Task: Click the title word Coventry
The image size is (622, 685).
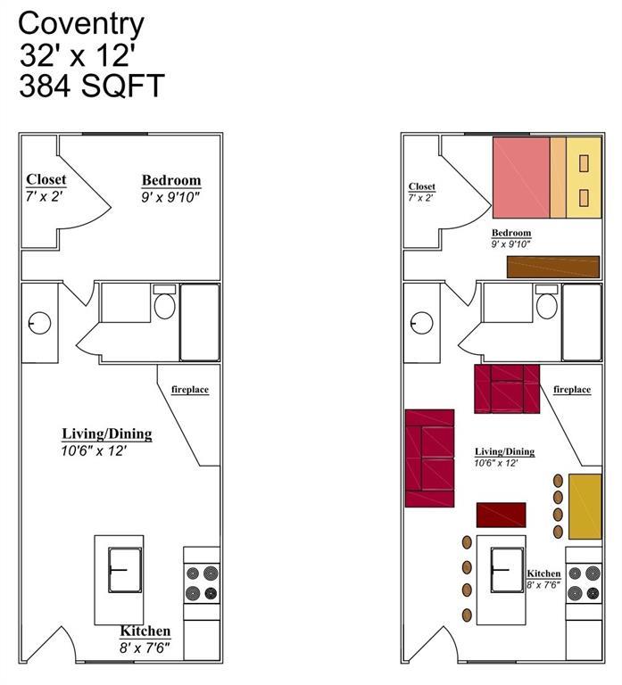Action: point(81,21)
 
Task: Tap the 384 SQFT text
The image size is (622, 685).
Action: point(92,87)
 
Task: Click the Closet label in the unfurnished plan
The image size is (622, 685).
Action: point(46,179)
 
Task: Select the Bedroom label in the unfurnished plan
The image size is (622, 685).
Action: point(171,180)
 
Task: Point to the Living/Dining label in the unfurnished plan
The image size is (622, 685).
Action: point(106,434)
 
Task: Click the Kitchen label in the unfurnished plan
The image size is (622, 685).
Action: point(145,631)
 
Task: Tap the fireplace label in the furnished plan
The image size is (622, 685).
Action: point(572,390)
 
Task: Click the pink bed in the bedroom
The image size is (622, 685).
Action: point(521,177)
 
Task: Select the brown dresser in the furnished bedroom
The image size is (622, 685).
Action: point(552,267)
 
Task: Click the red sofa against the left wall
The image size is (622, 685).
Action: point(429,458)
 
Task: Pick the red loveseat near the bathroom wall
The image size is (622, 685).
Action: point(507,388)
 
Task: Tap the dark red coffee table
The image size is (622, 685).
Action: point(501,515)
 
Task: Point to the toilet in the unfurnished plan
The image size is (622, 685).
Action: point(164,305)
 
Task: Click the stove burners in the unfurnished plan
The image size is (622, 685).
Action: point(202,583)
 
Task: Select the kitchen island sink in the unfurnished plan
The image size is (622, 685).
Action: point(124,571)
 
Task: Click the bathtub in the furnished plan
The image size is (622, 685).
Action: point(581,322)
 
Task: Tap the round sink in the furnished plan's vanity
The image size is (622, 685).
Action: point(421,323)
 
